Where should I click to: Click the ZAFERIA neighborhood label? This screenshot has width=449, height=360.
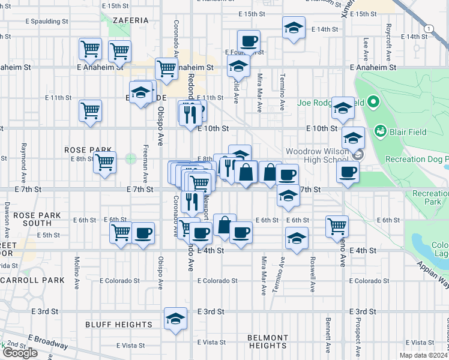point(130,20)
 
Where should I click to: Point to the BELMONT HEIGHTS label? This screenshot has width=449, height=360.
point(267,341)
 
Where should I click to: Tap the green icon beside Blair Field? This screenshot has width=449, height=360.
point(379,130)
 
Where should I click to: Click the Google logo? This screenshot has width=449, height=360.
point(20,353)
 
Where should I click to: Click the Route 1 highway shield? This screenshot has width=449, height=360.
point(428,28)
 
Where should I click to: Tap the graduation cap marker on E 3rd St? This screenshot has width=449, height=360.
point(175,318)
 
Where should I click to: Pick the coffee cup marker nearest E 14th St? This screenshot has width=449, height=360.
point(249,41)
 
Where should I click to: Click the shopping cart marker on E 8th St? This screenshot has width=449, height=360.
point(105,161)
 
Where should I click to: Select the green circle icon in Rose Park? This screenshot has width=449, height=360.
point(131,159)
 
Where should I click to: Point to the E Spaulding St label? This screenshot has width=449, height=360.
point(47,21)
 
